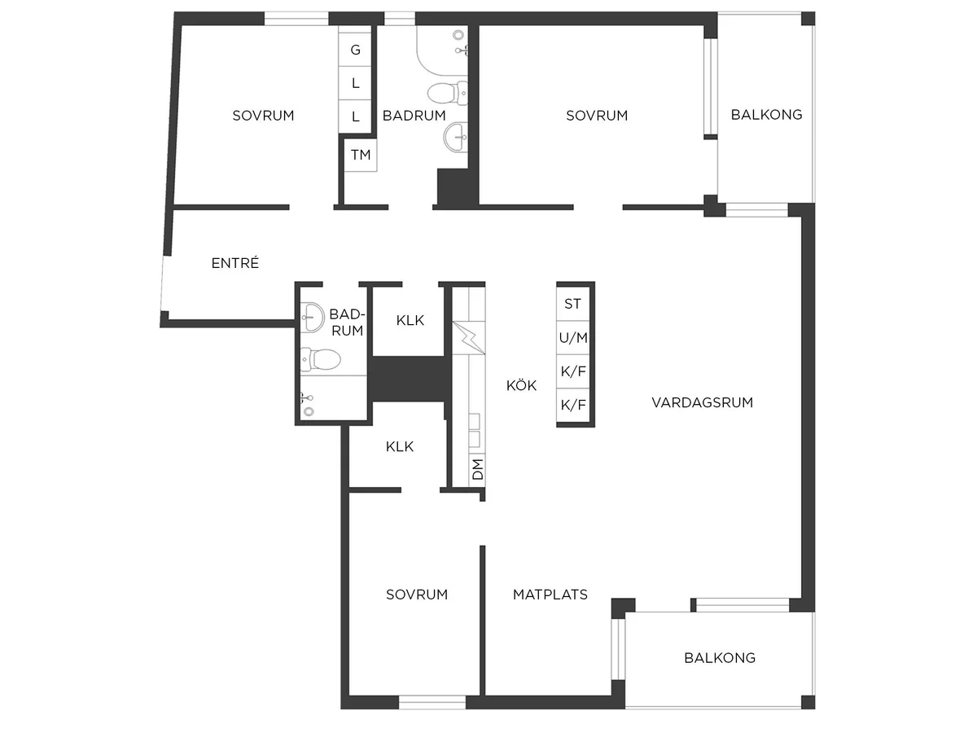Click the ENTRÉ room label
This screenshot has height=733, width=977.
point(235,263)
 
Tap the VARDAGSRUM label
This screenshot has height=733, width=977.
point(703,402)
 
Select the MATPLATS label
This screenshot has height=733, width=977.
point(550,595)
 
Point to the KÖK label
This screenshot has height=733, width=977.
point(521,385)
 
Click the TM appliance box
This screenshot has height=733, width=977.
point(361,155)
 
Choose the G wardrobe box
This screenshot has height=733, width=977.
point(355,50)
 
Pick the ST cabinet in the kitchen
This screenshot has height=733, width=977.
point(573,304)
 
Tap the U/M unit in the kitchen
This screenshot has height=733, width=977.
point(573,338)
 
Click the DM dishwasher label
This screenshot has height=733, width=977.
point(477,469)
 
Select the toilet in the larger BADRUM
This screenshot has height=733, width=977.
point(448,93)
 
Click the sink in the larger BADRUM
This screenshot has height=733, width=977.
point(456,137)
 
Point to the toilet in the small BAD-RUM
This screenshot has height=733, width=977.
point(321,359)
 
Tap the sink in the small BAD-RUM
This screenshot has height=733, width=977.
point(313,318)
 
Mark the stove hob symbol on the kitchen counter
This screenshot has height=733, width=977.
point(469,338)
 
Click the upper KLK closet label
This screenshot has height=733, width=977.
point(410,320)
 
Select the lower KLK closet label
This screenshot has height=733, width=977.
point(400,446)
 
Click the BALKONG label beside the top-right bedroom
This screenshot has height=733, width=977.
point(766,115)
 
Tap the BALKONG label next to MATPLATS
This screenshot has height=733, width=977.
point(720,658)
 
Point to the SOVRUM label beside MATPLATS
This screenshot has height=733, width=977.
point(417,595)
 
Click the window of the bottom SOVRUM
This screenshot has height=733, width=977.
point(432,702)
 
